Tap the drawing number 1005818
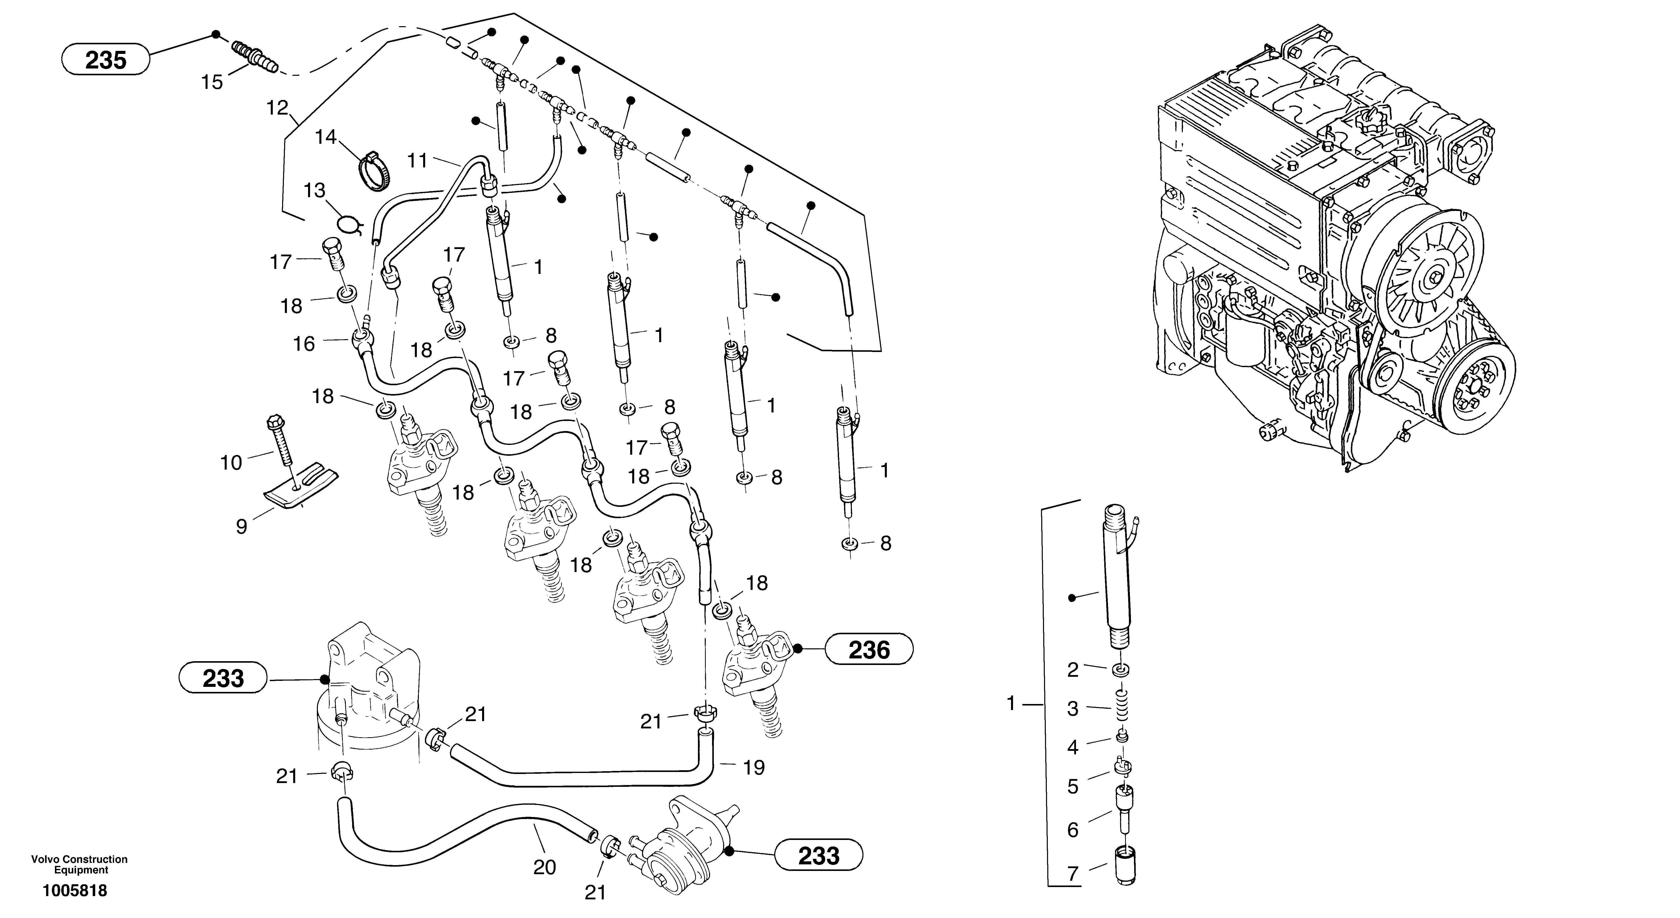tap(75, 891)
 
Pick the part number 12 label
tap(277, 108)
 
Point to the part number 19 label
tap(754, 768)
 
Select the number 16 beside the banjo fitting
tap(304, 344)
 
